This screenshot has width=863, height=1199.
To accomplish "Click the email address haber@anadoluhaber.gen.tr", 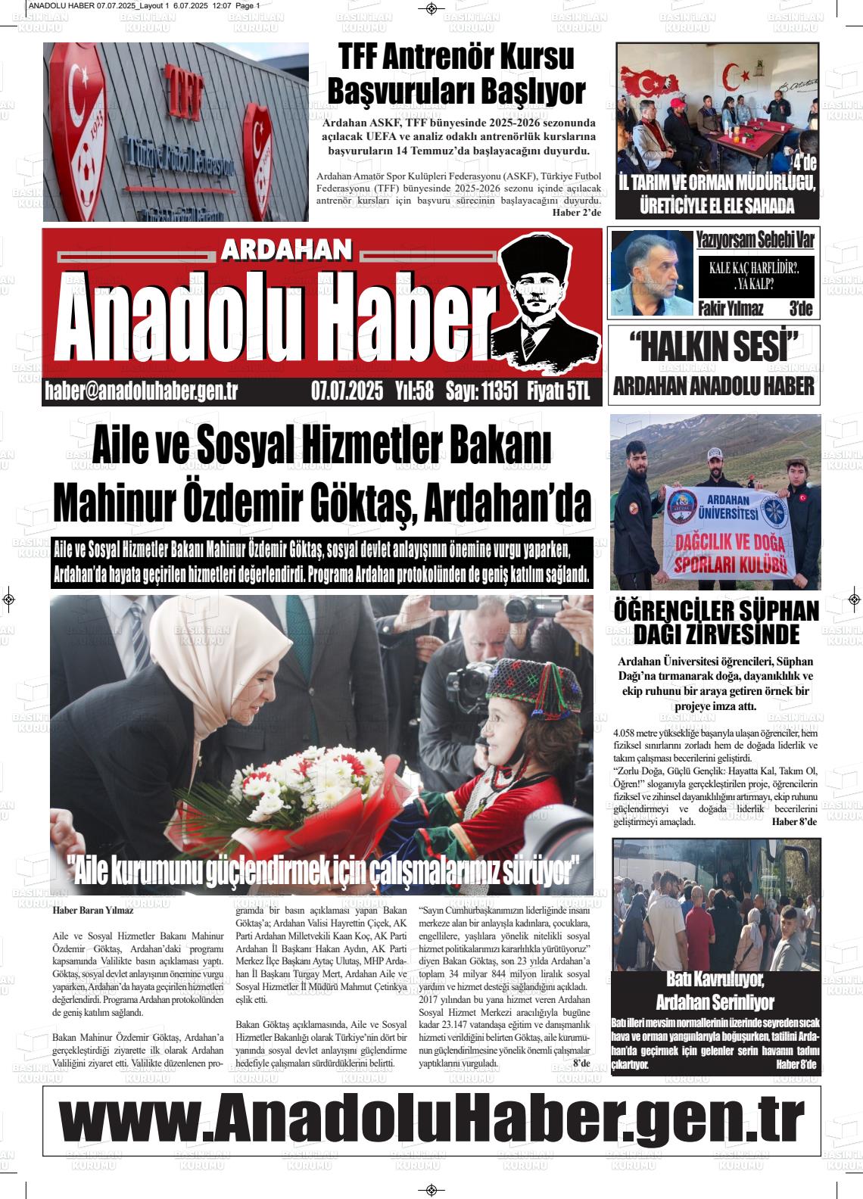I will (x=142, y=391).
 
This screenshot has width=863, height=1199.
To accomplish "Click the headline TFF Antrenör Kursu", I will (x=456, y=57).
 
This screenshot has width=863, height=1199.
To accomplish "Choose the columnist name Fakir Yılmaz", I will (x=729, y=309).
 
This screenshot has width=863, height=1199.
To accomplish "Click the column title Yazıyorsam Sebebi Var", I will (x=755, y=240).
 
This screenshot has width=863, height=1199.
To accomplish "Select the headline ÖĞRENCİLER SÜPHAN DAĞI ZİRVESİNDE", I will (x=715, y=621).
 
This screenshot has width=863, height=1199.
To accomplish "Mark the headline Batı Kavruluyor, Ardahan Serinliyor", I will (x=715, y=991).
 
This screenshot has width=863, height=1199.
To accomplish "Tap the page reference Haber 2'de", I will (x=576, y=213).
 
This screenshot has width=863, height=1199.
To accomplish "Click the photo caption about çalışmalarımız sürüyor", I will (x=322, y=871).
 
